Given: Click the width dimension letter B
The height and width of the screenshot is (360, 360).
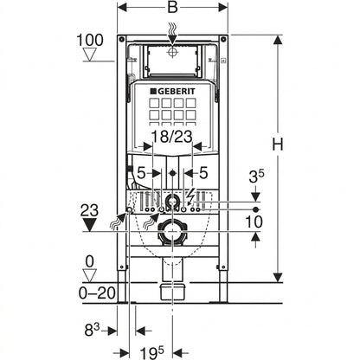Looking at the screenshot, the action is click(172, 7).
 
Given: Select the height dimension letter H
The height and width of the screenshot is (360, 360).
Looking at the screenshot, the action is click(278, 144).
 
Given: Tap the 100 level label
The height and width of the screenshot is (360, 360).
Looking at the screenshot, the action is click(90, 40).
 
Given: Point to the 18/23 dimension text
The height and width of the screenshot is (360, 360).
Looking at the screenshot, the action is click(172, 136).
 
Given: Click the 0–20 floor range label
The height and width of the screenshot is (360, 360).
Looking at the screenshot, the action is click(97, 293).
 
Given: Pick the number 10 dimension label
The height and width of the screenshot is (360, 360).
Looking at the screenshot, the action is click(254, 222).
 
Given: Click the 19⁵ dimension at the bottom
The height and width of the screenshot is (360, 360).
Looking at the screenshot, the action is click(151, 352).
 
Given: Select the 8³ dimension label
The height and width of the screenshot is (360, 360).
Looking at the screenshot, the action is click(92, 330).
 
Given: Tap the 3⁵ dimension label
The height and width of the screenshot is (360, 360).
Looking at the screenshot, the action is click(257, 177).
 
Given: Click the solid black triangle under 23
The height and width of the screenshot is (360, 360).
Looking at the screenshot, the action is click(89, 225).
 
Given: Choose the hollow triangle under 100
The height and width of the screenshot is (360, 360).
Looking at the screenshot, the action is click(90, 55).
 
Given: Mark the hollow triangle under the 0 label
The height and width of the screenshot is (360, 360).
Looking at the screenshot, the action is click(90, 276).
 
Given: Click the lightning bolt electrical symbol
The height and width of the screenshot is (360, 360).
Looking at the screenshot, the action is click(191, 196).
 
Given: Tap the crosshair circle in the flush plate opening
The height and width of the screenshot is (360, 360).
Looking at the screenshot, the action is click(172, 53).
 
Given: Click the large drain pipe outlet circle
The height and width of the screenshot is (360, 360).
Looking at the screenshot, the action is click(172, 231).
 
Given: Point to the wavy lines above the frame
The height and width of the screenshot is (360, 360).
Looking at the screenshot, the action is click(173, 29).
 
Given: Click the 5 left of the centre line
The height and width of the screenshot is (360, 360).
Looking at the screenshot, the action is click(141, 173).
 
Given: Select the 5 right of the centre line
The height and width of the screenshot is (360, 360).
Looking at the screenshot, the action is click(203, 173).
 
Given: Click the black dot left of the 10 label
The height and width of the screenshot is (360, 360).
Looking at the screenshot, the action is click(255, 209).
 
